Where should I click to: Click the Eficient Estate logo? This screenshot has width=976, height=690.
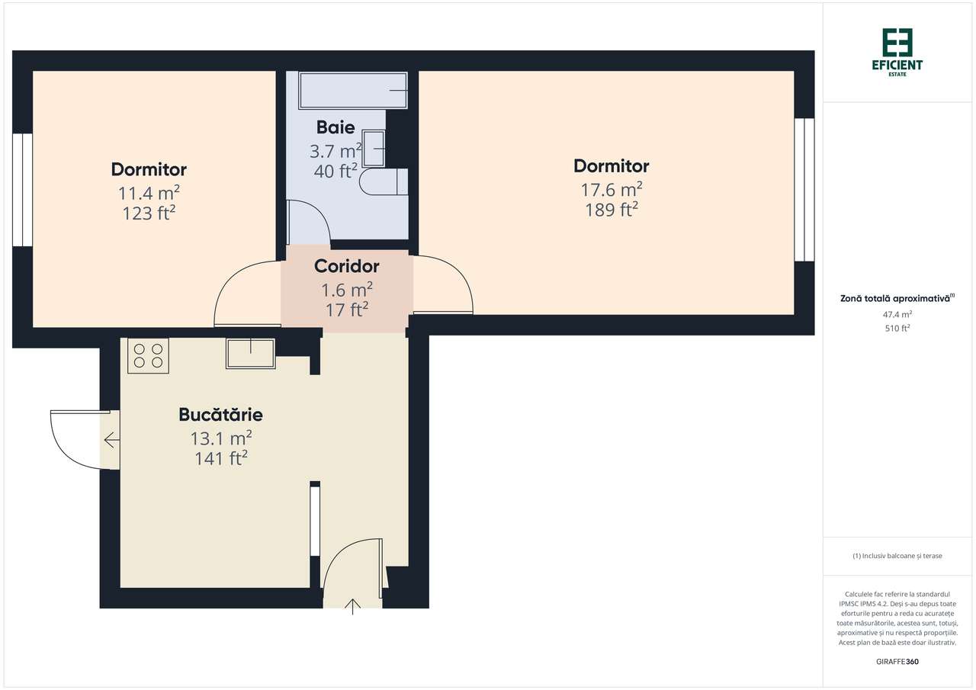click(x=897, y=53)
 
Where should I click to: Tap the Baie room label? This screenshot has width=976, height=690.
click(x=335, y=127)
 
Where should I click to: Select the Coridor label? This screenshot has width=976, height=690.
click(x=346, y=266)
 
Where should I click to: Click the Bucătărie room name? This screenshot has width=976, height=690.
click(x=220, y=415)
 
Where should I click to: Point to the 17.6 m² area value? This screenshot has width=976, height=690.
click(x=611, y=189)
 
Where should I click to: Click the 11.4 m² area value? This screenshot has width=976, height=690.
click(x=149, y=192)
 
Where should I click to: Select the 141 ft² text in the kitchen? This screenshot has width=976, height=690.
click(x=220, y=458)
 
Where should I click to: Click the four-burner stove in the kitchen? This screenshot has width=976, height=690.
click(x=148, y=355)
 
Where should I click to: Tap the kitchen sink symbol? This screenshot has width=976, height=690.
click(x=250, y=353)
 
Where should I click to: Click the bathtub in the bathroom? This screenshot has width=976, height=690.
click(x=353, y=91)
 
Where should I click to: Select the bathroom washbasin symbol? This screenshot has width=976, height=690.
click(x=374, y=148)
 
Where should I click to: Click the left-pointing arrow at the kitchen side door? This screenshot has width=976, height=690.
click(x=111, y=440)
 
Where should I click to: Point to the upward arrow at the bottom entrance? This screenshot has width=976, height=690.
click(x=352, y=607)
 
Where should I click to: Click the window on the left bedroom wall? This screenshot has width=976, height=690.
click(x=22, y=190)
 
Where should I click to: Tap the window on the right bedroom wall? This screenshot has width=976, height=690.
click(x=804, y=190)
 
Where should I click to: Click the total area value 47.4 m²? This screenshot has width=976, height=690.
click(x=897, y=313)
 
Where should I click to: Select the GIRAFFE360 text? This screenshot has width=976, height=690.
click(x=897, y=661)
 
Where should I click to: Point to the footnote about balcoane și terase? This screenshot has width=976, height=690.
click(x=897, y=556)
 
